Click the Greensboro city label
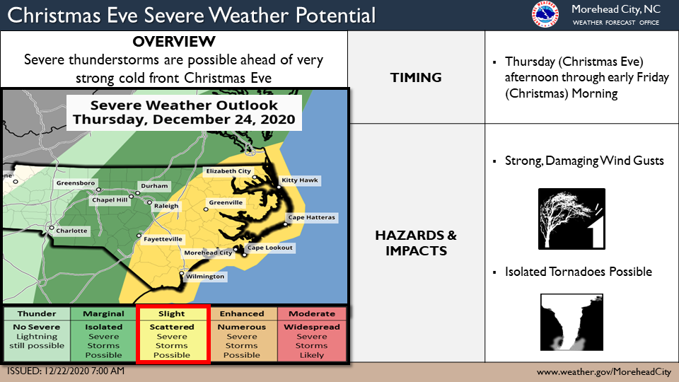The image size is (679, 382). pos(75,183)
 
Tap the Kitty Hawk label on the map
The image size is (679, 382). pos(301,180)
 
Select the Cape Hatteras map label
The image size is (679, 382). pos(311,217)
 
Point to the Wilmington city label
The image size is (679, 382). pos(205,277)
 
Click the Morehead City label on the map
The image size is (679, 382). pos(207,253)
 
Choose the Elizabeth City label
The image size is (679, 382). pos(228,171)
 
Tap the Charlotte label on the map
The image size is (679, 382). pos(72,231)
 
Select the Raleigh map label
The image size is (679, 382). pos(167,206)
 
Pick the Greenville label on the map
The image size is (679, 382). pos(226,202)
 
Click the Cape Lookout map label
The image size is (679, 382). pos(269,248)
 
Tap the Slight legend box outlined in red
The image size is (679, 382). pos(173,335)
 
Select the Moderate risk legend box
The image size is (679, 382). pos(312,335)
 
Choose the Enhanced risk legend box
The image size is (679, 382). pos(242,335)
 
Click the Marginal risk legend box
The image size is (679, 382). pos(103,335)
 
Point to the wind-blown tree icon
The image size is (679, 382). pos(571,219)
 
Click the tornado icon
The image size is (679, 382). pos(571,323)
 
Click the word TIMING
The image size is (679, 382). pos(416,77)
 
